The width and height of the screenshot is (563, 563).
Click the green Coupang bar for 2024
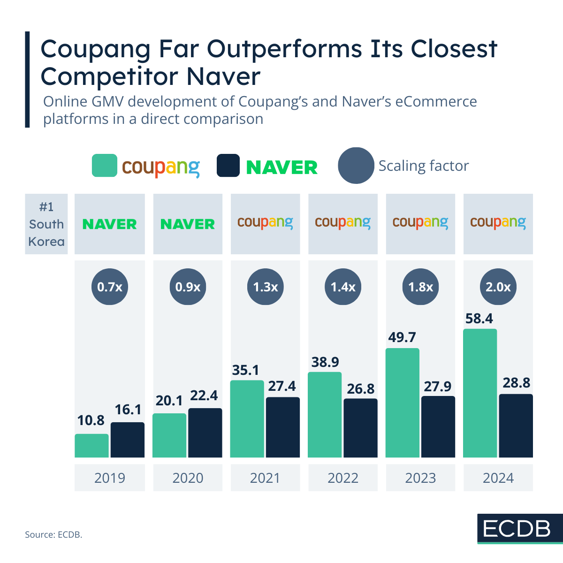click(x=479, y=393)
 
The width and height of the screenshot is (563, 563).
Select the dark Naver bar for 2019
click(x=128, y=440)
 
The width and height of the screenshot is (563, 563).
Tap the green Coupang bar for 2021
click(x=247, y=418)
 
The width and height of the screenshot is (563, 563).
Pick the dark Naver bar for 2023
click(x=438, y=426)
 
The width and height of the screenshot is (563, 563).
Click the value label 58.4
click(x=479, y=319)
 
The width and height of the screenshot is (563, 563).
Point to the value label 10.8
click(x=91, y=420)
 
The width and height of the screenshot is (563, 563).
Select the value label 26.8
click(x=361, y=388)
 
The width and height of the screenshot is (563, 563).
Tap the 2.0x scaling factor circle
click(x=498, y=287)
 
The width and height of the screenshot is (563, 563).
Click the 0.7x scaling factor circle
click(x=110, y=287)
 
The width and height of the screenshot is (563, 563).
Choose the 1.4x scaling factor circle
click(x=343, y=287)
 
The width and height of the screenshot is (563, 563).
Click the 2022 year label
click(x=343, y=478)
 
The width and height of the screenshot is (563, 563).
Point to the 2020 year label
click(x=188, y=478)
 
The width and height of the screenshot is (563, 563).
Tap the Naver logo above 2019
click(x=110, y=224)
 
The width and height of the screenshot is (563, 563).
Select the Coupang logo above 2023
click(x=420, y=223)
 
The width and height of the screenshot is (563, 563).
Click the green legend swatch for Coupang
click(x=104, y=166)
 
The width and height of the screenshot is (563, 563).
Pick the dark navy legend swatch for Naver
click(x=228, y=166)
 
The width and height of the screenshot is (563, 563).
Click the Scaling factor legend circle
click(x=356, y=166)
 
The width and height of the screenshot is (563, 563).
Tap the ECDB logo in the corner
click(x=517, y=529)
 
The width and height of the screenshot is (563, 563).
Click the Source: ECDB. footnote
click(x=53, y=534)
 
